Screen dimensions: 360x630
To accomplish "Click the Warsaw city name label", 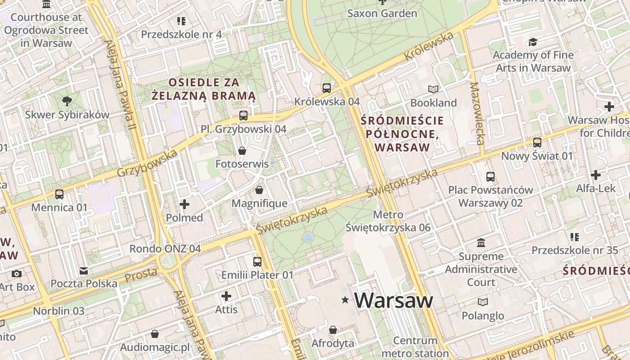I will coord(394,300).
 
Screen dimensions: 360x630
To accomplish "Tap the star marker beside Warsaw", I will coord(345,300).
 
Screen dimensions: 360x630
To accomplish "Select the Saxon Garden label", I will coord(382,13).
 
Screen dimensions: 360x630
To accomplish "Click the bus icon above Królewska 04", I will coord(327,88).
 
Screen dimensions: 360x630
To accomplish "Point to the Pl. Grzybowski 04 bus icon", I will coord(243,116).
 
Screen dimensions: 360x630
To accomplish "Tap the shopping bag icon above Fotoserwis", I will coord(242,151).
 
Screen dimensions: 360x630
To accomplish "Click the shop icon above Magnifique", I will coord(259,190).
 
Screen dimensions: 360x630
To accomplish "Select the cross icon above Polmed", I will coord(184,205).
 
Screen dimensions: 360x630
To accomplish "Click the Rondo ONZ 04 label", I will coord(165,248).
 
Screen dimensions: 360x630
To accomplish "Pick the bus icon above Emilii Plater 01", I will coord(257,262).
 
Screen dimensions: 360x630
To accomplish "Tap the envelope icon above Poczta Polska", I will coord(84,271).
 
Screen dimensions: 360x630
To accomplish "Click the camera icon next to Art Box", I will coord(17,274).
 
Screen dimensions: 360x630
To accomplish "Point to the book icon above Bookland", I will coord(433,90).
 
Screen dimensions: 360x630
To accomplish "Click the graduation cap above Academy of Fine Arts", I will coord(533,42).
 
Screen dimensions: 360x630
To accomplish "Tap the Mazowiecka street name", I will coord(477,113).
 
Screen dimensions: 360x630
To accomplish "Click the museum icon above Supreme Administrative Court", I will coord(481,243).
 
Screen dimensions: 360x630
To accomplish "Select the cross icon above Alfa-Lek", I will coord(596,175).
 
